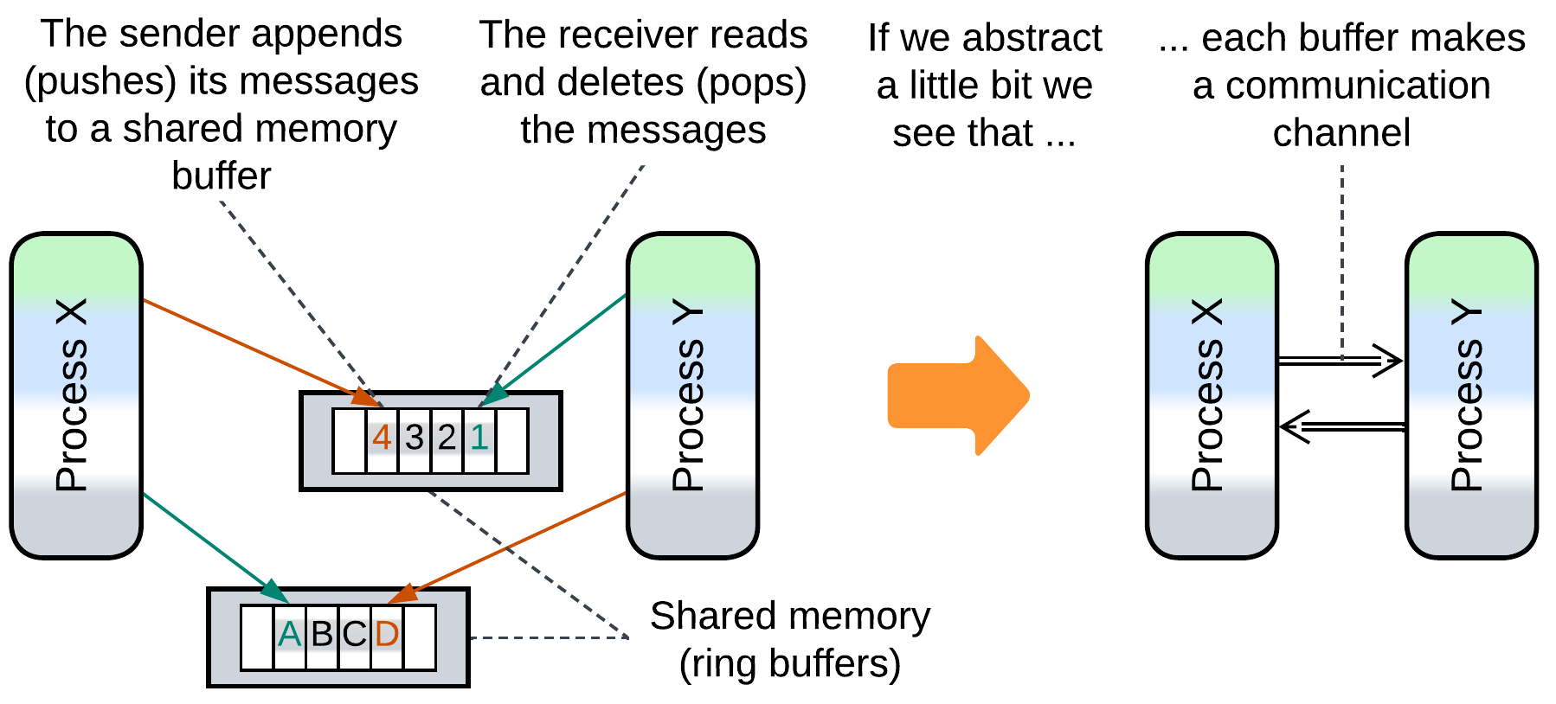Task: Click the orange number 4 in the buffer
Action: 382,438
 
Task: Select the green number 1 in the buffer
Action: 479,438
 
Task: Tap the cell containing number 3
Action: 415,438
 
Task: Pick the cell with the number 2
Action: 447,438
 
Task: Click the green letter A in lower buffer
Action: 289,636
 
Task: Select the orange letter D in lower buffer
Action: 387,636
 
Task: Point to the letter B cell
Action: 322,636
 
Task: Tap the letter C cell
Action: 355,636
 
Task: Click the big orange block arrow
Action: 957,395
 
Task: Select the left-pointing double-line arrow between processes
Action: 1341,426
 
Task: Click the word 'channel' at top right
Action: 1341,133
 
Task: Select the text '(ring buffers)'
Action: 789,664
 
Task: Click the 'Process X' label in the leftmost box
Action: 73,395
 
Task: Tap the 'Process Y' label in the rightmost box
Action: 1467,395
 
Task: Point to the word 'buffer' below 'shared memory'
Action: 222,176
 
